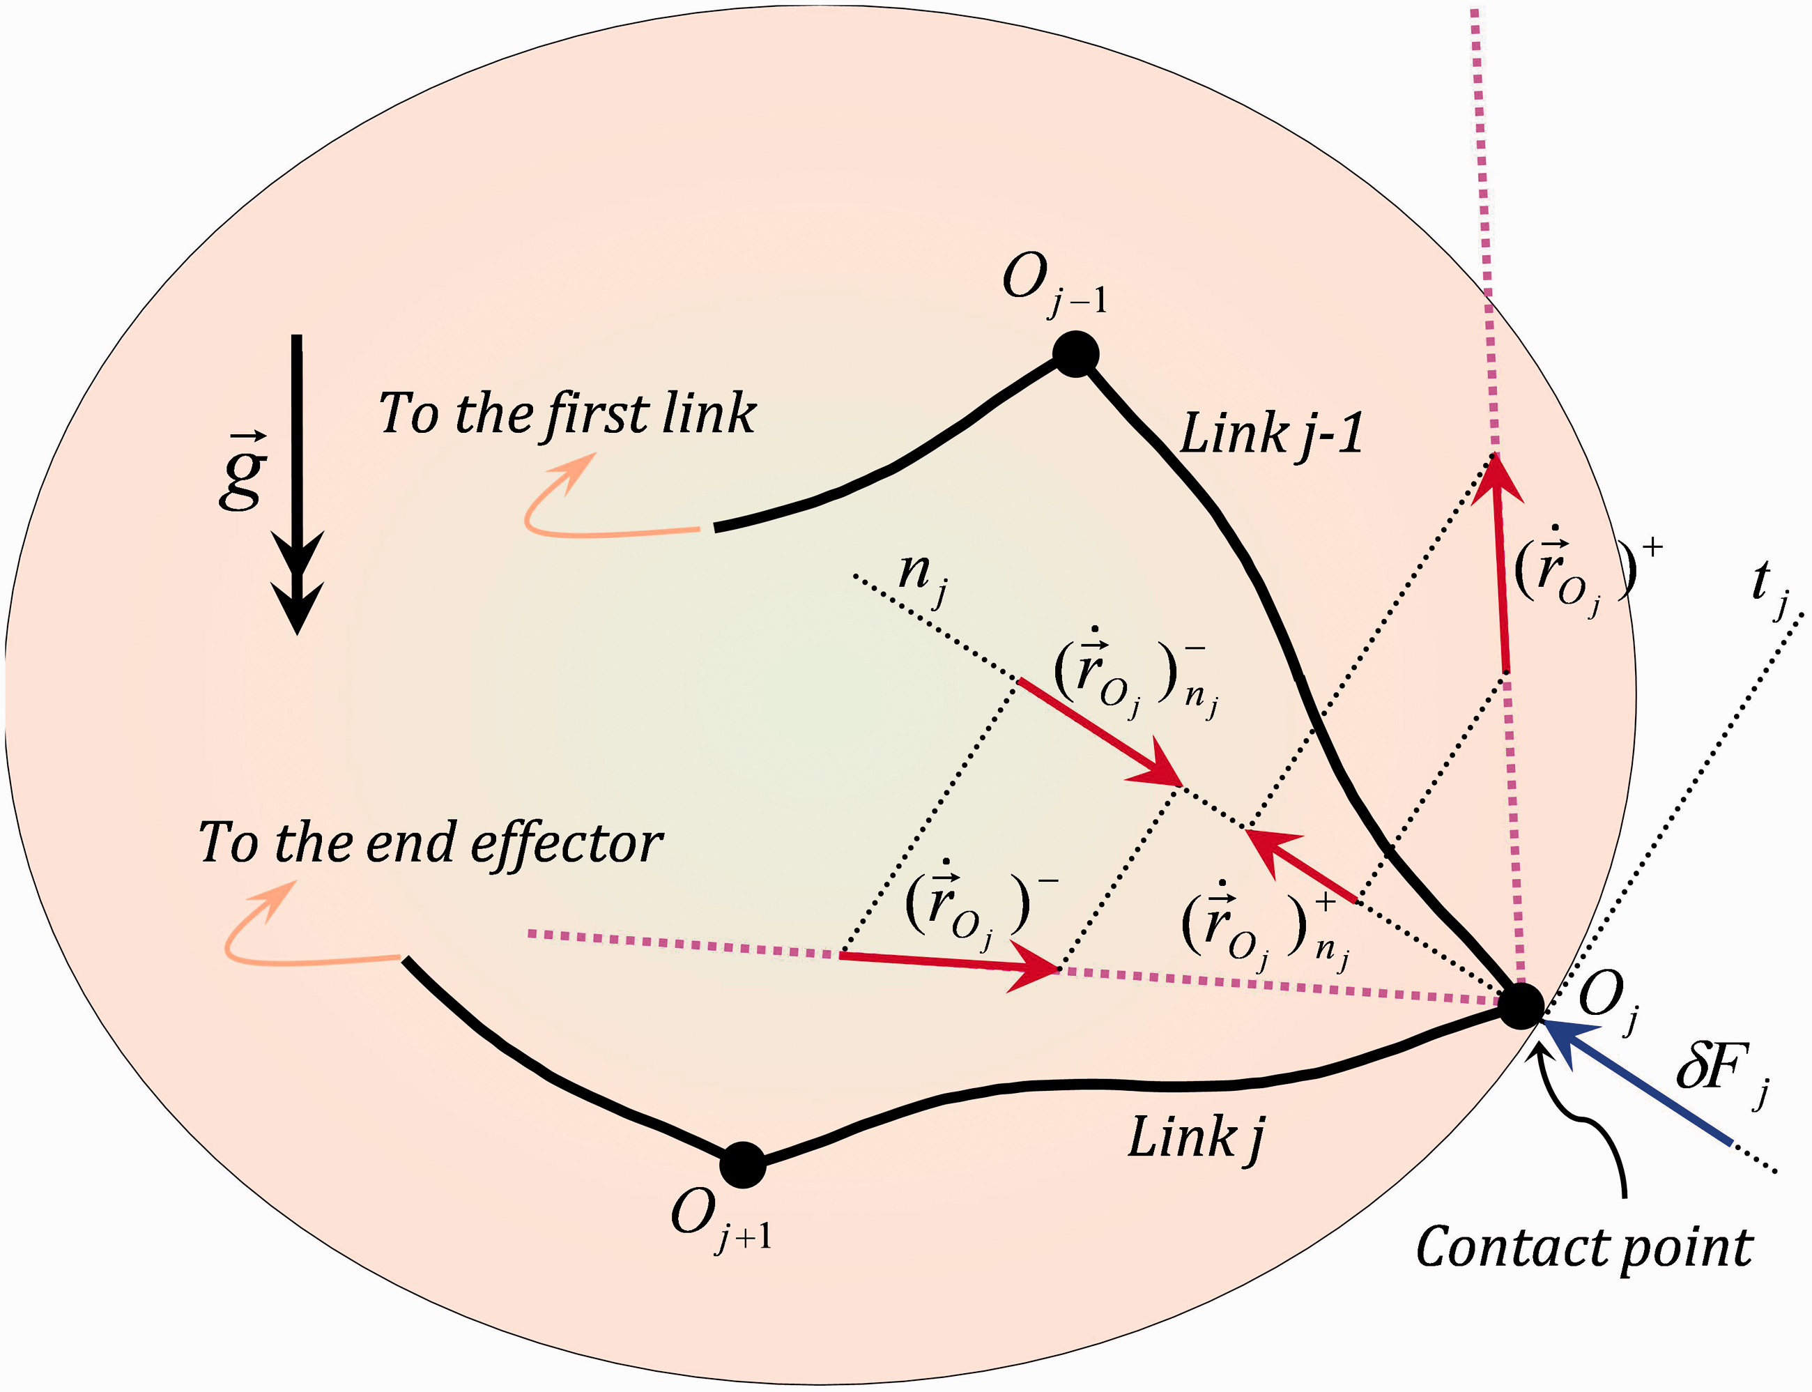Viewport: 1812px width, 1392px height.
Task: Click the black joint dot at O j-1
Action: pyautogui.click(x=1075, y=354)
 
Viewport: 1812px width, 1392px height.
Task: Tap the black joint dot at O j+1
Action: pyautogui.click(x=742, y=1165)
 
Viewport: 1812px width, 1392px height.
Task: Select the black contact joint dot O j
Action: pyautogui.click(x=1521, y=1006)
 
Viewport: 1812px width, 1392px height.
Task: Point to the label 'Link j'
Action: pyautogui.click(x=1197, y=1138)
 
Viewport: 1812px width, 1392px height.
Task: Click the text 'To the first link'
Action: pyautogui.click(x=567, y=413)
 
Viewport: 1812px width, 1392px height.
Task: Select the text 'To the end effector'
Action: pyautogui.click(x=430, y=843)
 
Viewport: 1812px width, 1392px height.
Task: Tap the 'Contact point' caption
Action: pyautogui.click(x=1584, y=1248)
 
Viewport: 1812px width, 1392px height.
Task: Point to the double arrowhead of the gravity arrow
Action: pyautogui.click(x=298, y=583)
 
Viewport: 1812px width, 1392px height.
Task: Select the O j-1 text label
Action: pyautogui.click(x=1054, y=284)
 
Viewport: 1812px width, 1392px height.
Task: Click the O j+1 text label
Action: pyautogui.click(x=721, y=1220)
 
